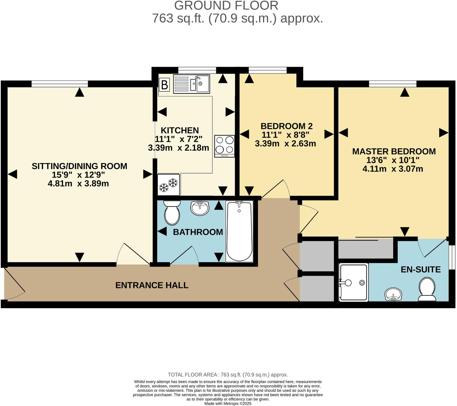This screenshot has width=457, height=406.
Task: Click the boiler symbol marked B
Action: tap(164, 85)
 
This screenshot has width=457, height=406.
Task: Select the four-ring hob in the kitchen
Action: tap(225, 146)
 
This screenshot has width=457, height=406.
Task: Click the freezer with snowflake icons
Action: tap(168, 185)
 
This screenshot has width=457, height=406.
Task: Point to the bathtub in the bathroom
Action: tap(239, 231)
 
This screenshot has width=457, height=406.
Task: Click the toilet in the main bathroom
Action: tap(172, 212)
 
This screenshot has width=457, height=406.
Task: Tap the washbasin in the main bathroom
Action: tap(200, 208)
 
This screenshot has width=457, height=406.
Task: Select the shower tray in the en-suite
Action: tap(353, 282)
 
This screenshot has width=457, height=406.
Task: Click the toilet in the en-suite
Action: tap(427, 289)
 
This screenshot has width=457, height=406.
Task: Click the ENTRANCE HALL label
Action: tap(152, 285)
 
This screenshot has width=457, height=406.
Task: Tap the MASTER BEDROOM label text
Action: tap(394, 151)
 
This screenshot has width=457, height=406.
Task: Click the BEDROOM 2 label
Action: tap(286, 126)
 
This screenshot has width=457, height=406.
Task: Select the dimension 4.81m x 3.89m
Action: tap(78, 183)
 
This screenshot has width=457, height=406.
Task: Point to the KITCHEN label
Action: tap(179, 130)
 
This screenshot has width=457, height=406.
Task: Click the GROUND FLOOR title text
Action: tap(226, 5)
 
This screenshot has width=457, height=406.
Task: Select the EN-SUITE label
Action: tap(421, 269)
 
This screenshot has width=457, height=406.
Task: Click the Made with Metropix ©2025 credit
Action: tap(228, 404)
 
